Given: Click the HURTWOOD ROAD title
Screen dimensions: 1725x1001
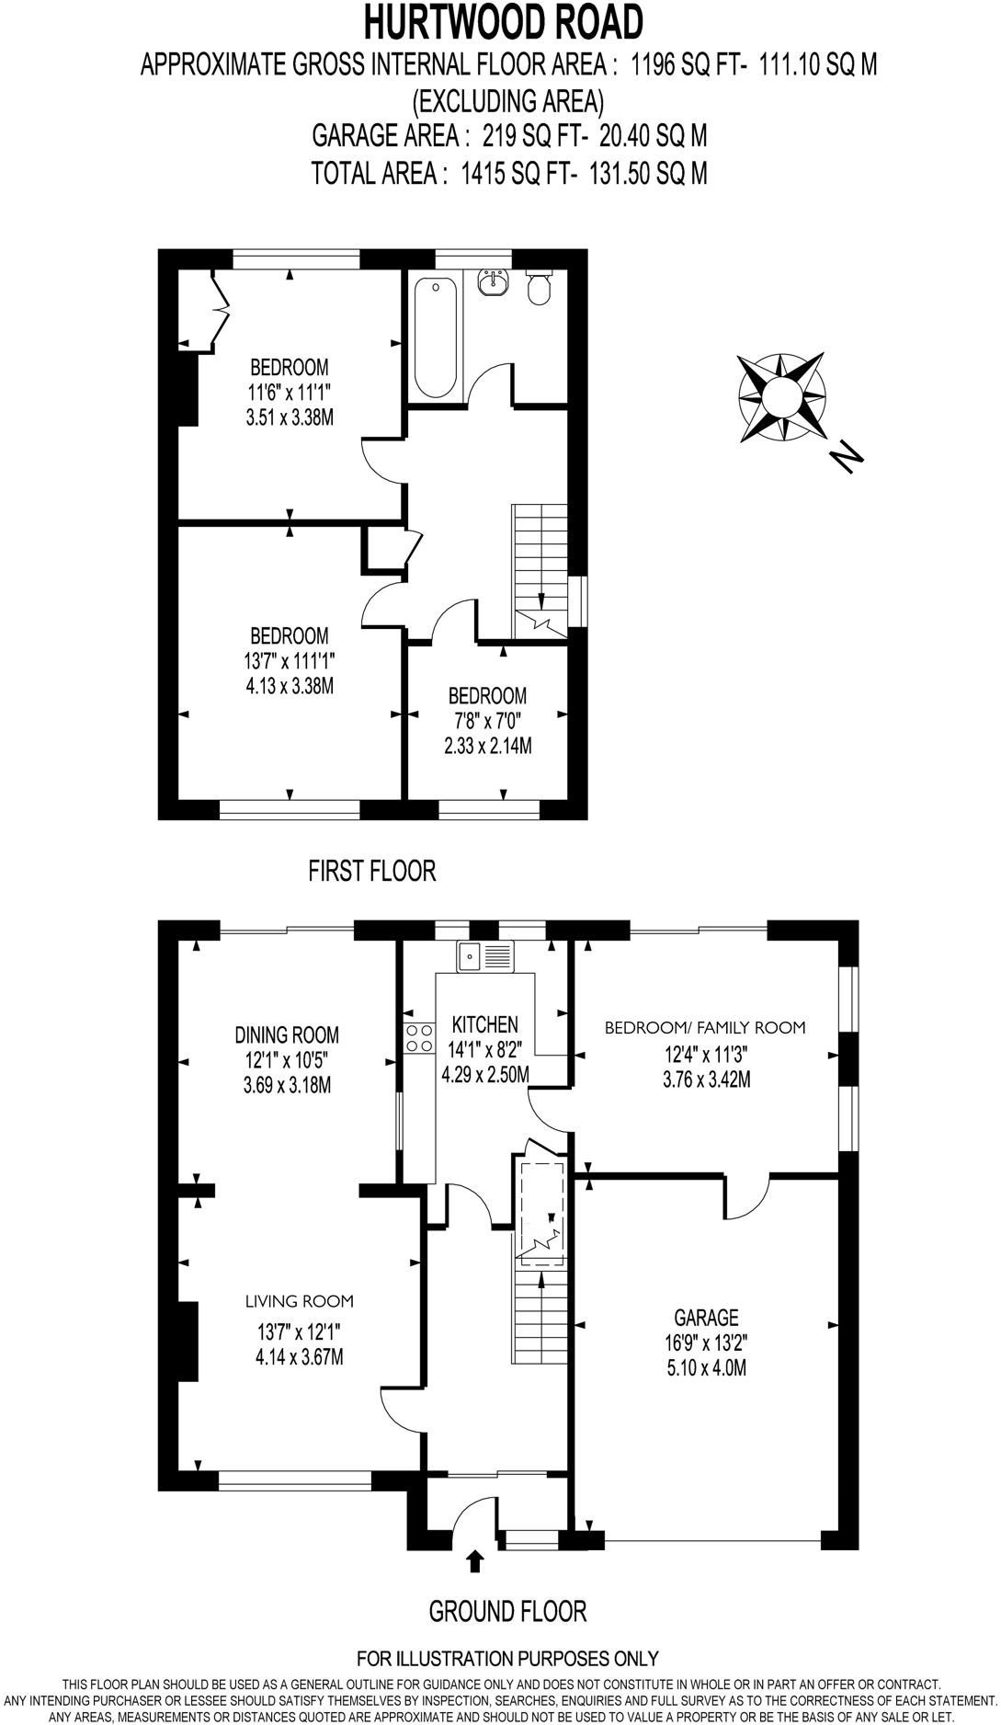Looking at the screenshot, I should tap(504, 22).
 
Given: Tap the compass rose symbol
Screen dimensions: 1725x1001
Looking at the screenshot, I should tap(781, 397).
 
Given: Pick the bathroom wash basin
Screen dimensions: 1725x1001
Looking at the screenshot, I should tap(494, 284).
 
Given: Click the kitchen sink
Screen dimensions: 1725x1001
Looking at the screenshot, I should tap(485, 956).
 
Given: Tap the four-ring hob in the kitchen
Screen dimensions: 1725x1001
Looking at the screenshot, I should tap(419, 1038).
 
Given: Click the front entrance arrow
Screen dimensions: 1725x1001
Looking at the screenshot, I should tap(475, 1560).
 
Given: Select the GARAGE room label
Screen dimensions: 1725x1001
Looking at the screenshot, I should tap(706, 1318).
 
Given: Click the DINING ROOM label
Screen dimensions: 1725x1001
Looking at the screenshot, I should tap(287, 1035).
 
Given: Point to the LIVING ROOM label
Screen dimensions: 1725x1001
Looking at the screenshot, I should tap(299, 1301).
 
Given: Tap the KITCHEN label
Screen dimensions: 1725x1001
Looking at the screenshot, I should tap(484, 1024).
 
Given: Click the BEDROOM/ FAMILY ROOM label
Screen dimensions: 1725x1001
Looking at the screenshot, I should tap(704, 1028).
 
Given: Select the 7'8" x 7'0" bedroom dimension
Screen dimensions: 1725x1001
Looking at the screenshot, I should tap(487, 721).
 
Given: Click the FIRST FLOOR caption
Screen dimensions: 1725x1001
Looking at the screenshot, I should tap(371, 870).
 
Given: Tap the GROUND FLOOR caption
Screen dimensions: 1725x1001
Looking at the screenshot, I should tap(507, 1611).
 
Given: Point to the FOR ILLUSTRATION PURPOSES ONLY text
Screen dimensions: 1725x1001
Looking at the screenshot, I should tap(507, 1659).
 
